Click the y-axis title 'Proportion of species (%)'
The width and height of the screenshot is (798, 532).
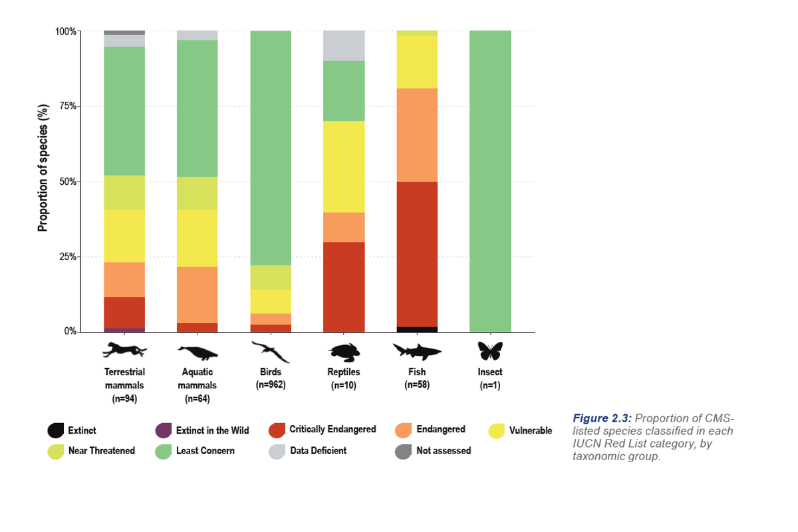coord(43,168)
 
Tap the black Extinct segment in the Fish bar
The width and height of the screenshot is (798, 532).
coord(417,329)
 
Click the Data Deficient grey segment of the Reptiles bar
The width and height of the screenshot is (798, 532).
coord(344,46)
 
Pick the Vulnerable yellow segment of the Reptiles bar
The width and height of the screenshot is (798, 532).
coord(344,166)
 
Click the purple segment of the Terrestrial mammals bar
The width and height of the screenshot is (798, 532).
coord(124,330)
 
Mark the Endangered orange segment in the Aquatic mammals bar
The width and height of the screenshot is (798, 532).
coord(197,295)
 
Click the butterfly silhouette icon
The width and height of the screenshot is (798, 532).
coord(490,350)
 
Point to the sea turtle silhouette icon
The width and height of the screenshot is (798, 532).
coord(344,350)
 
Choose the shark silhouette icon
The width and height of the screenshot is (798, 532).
coord(417,350)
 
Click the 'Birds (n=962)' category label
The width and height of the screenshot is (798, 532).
coord(271,378)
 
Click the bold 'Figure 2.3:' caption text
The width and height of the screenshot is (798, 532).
coord(601,418)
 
